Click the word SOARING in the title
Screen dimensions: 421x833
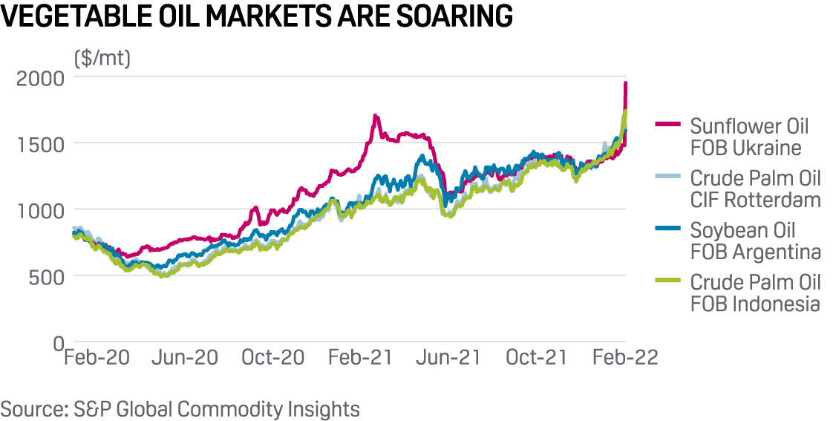[x=443, y=16]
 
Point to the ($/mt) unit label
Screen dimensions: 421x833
[x=102, y=57]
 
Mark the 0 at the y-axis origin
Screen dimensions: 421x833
[x=57, y=343]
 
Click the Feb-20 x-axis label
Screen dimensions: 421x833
[x=97, y=357]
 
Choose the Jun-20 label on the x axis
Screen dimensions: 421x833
[x=185, y=357]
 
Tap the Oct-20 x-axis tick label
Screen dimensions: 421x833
[x=273, y=357]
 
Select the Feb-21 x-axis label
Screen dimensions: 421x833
[x=361, y=357]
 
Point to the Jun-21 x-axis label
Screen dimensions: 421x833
[x=448, y=357]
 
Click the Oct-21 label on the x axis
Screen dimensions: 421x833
[x=537, y=357]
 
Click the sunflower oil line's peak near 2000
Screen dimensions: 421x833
[x=626, y=85]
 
